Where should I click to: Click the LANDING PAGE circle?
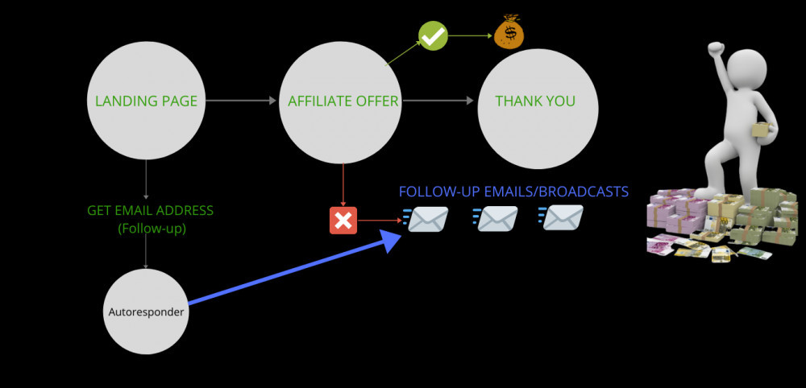tap(146, 101)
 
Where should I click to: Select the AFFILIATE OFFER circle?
tap(343, 101)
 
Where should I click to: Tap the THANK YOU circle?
tap(536, 101)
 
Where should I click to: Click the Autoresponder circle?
tap(147, 312)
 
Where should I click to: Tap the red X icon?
tap(343, 220)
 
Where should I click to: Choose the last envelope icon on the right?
tap(561, 218)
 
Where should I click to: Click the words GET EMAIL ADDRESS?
tap(151, 211)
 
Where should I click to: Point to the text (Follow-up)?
tap(151, 228)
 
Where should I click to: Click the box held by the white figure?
tap(758, 130)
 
